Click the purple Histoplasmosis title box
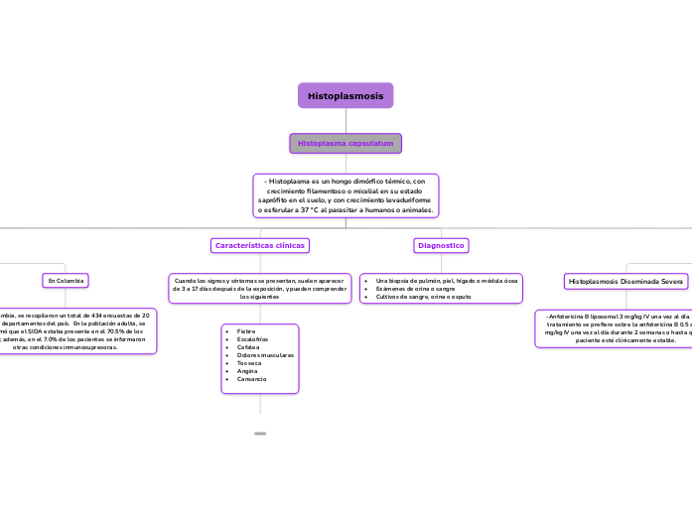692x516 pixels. tap(346, 95)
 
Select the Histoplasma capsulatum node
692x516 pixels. tap(346, 144)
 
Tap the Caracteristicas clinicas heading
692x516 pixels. tap(260, 244)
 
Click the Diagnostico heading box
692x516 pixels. tap(441, 244)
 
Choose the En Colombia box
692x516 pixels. tap(66, 281)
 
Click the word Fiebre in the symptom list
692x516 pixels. tap(247, 330)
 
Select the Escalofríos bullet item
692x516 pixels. tap(253, 338)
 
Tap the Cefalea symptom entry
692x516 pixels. tap(248, 346)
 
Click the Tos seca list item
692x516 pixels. tap(250, 363)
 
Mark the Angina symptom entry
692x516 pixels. tap(247, 371)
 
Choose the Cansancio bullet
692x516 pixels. tap(252, 379)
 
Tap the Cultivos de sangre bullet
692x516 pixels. tap(423, 297)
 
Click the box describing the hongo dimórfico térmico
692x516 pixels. tap(346, 195)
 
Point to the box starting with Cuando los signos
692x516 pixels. tap(260, 289)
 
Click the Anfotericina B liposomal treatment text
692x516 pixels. tap(616, 327)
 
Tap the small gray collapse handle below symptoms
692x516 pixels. tap(260, 434)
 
